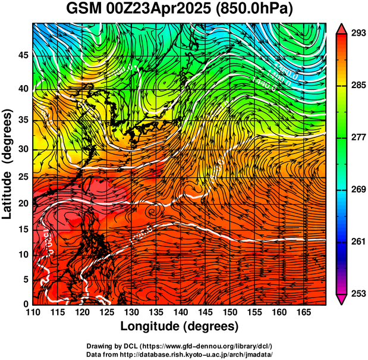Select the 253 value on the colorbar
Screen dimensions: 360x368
click(357, 293)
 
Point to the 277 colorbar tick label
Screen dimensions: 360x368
click(357, 137)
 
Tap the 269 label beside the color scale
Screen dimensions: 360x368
click(357, 189)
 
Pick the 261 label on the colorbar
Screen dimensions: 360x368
click(357, 242)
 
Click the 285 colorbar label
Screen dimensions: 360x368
click(357, 85)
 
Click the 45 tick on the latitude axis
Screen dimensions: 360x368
click(23, 55)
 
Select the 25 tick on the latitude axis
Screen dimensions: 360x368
click(23, 177)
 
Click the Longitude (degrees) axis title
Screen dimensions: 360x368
click(180, 327)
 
